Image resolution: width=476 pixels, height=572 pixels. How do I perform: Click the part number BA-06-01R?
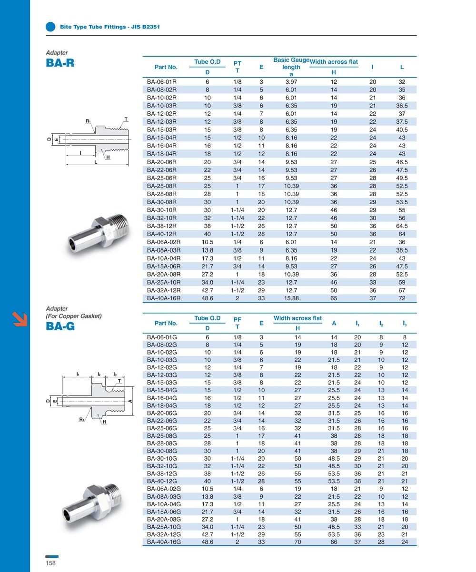point(162,81)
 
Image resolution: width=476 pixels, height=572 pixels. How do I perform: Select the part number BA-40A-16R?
point(164,298)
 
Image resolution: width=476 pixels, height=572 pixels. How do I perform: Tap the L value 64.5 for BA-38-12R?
point(402,226)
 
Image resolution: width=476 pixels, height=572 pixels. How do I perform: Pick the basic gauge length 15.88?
point(291,298)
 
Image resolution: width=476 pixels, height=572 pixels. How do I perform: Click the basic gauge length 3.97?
point(291,81)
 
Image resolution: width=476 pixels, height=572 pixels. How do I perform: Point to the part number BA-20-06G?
point(162,413)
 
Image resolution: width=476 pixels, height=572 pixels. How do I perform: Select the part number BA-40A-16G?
point(164,542)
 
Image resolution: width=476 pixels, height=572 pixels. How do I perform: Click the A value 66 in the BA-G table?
point(334,542)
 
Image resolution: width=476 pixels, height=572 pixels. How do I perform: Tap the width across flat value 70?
point(298,542)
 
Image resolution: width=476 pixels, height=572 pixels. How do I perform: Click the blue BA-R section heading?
point(60,63)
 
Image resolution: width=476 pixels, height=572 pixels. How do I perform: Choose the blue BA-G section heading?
point(60,326)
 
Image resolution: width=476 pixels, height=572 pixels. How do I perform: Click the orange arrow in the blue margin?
point(20,319)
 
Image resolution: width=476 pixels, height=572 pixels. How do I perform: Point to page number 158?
point(50,563)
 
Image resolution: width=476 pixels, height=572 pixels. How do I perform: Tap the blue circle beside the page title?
point(50,27)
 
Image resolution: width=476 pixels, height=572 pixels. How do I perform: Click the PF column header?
point(237,323)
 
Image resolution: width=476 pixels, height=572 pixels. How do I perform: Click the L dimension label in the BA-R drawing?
point(96,162)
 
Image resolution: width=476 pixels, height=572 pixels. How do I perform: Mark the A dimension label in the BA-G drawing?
point(130,401)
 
